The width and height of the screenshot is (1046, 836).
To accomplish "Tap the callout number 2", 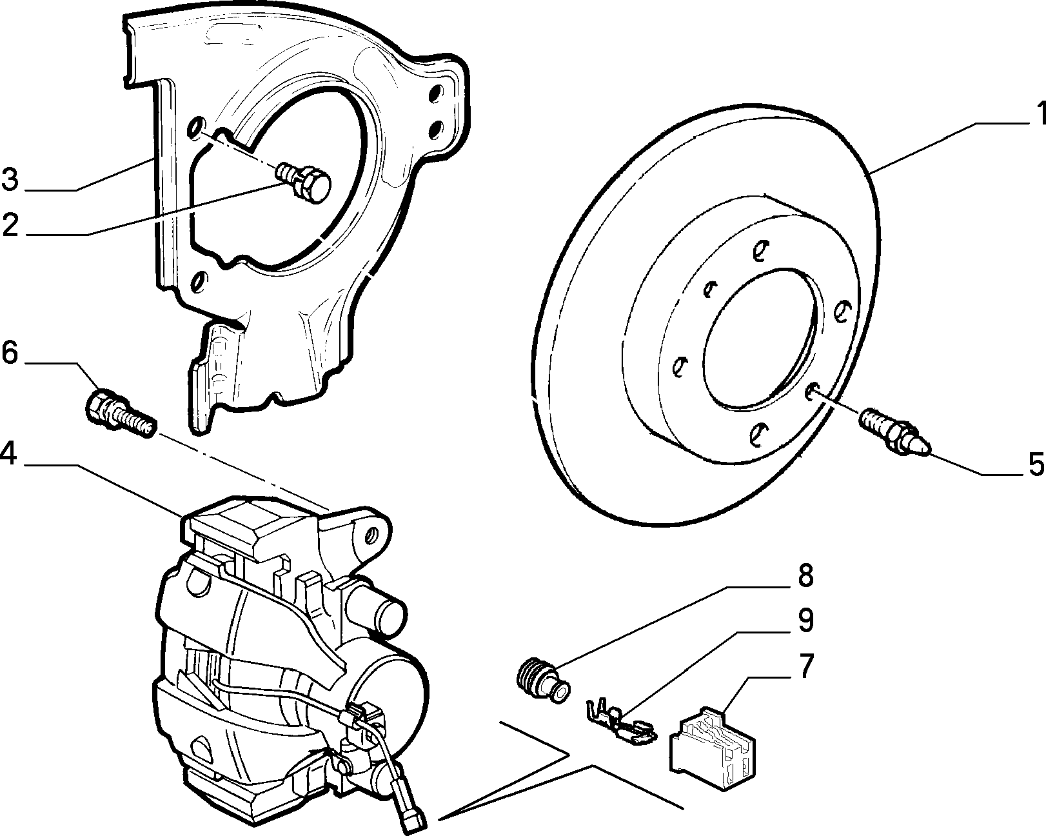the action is pos(10,225).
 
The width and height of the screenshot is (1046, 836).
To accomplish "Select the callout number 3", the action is pos(10,179).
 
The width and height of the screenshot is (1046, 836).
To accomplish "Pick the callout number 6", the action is pos(10,353).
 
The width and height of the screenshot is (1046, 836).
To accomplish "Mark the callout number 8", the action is pos(805,576).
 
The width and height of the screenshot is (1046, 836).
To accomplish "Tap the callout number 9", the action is pos(805,620).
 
